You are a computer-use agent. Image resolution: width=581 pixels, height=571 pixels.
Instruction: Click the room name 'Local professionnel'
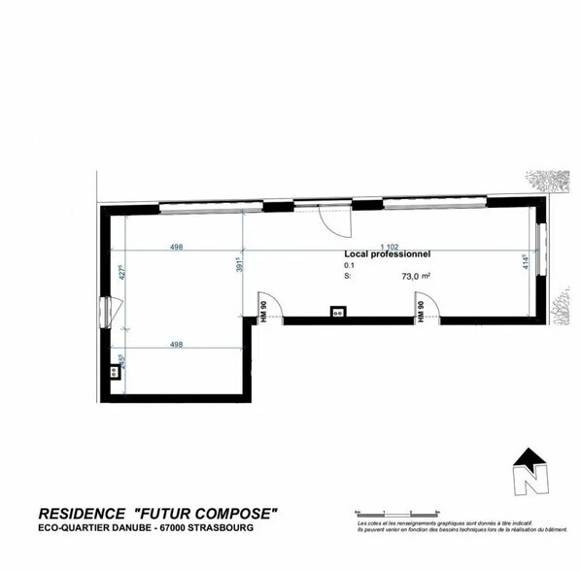tap(387, 253)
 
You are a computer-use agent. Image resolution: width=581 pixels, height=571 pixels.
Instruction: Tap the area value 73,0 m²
tap(416, 276)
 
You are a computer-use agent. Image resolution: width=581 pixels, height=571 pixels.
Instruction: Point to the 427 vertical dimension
tap(122, 273)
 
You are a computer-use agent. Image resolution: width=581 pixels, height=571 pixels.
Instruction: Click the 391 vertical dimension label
tap(239, 264)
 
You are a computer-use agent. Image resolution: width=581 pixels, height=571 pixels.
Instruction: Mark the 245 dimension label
tap(121, 361)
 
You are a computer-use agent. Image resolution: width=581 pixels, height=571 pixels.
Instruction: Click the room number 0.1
tap(349, 264)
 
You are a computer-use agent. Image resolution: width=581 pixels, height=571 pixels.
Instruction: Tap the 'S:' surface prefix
tap(348, 276)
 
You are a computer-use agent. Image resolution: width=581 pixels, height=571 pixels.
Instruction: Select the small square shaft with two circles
tap(338, 312)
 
